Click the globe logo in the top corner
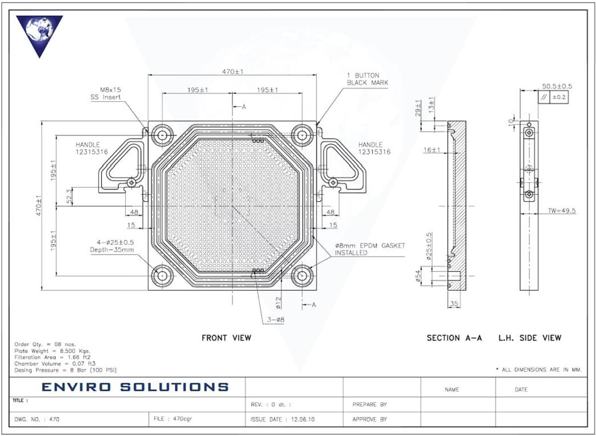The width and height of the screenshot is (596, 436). [39, 34]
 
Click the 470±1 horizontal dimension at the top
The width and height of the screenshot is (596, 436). [232, 72]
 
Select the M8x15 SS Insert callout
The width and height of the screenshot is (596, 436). [111, 93]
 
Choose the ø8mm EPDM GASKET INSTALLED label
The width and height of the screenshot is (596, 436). [370, 249]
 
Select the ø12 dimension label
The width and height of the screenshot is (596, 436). [278, 301]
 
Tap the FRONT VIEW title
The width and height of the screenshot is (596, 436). [226, 338]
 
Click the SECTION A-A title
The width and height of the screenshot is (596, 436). [454, 338]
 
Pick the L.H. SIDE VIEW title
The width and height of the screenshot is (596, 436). [529, 338]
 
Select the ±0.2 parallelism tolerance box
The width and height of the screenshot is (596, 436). [559, 97]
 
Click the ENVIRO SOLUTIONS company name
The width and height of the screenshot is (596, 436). [135, 387]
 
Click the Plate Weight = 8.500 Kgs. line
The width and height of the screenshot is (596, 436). [53, 351]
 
